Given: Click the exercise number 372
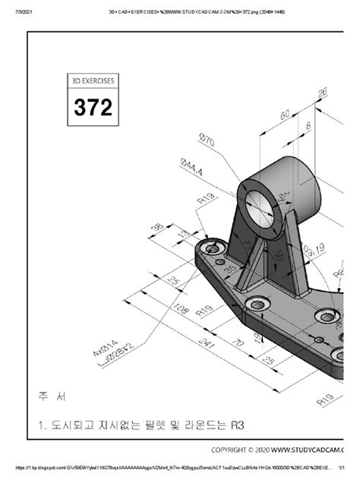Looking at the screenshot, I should pos(93,108).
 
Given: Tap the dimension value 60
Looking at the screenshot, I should pos(286,115).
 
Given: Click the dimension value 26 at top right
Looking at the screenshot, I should pos(322,92).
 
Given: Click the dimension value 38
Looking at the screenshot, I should pos(157,226).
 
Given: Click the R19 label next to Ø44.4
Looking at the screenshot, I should pos(204,199).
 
